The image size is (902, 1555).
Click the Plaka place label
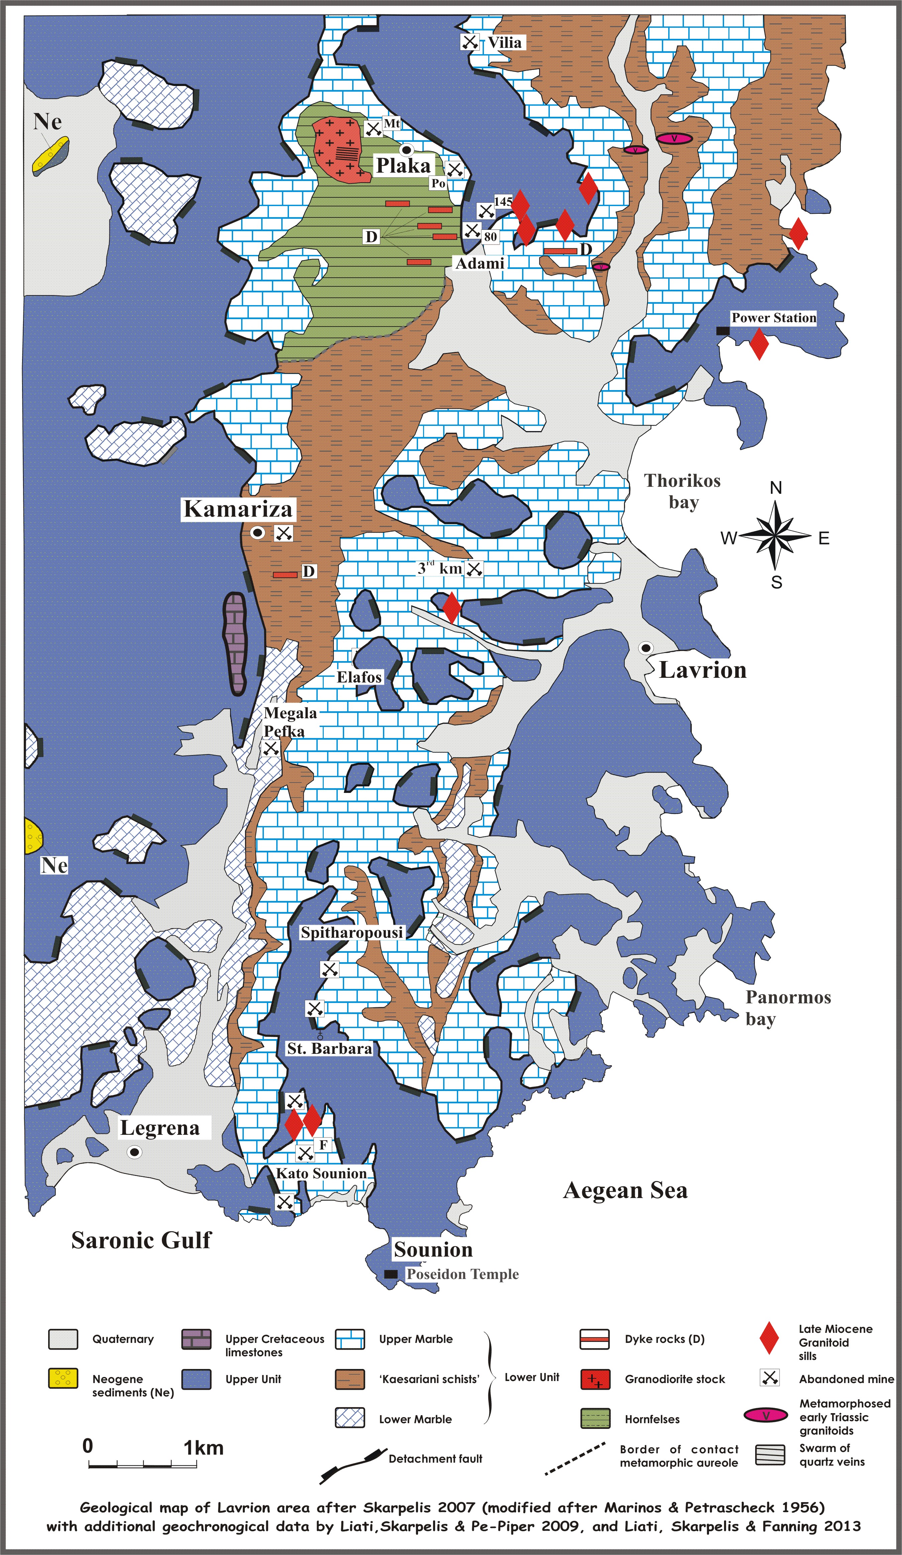coord(403,165)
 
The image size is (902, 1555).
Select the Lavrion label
coord(703,669)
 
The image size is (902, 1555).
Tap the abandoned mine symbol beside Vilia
coord(470,42)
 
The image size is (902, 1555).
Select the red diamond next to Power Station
coord(759,344)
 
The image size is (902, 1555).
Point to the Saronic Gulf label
coord(141,1240)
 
